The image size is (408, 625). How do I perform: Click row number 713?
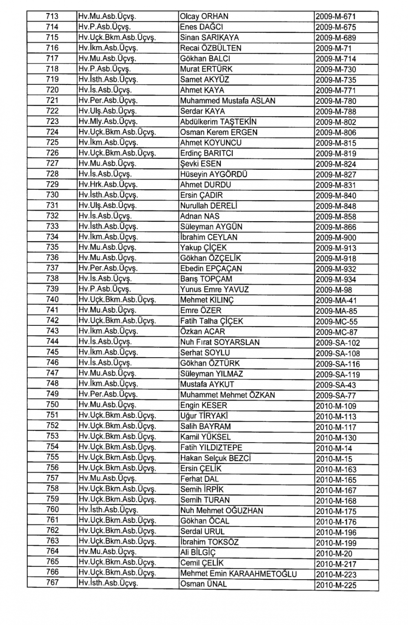(52, 16)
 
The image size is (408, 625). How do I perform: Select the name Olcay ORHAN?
(204, 17)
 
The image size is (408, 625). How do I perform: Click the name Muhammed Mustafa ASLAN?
(228, 101)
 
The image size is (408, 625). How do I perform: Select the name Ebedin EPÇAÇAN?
(211, 269)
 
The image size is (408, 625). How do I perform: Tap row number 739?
(52, 289)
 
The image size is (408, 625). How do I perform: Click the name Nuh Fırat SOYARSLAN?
(220, 343)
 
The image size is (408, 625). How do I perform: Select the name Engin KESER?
(204, 405)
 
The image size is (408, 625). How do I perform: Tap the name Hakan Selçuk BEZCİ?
(215, 458)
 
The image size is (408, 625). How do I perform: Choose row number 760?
(52, 509)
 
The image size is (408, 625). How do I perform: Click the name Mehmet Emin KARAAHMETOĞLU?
(238, 574)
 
